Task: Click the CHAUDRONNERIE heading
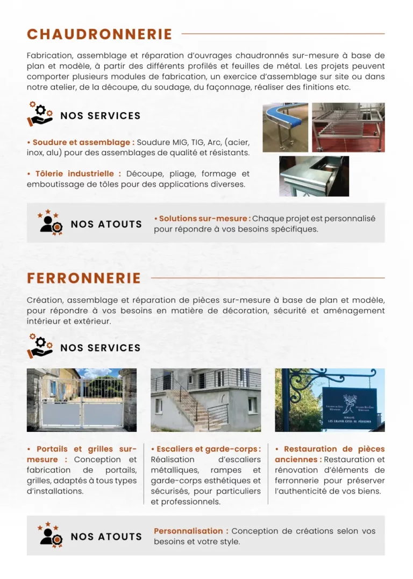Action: (99, 34)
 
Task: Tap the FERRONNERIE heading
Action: (84, 278)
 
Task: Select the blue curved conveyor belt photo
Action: (285, 127)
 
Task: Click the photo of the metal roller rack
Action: (348, 127)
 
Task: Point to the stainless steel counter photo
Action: (314, 176)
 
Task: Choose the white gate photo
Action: (82, 400)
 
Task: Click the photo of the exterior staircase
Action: (205, 400)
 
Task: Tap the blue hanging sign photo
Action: (330, 400)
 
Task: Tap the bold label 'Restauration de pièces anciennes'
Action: (330, 454)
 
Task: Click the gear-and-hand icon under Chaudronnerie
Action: (40, 114)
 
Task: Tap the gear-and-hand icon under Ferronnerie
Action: (40, 346)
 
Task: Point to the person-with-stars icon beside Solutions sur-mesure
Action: (50, 222)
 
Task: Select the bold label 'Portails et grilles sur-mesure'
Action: (82, 454)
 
